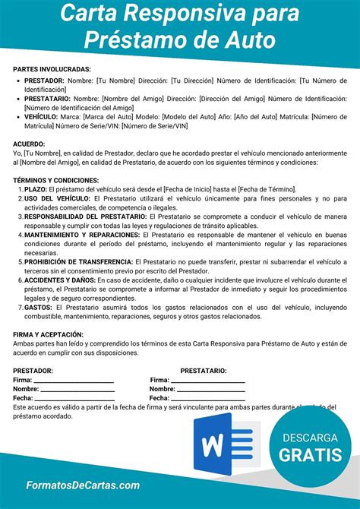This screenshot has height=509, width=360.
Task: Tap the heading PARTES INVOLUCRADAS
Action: (x=52, y=69)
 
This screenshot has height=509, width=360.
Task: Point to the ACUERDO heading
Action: (x=29, y=144)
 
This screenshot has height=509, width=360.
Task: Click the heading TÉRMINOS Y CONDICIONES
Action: (x=56, y=179)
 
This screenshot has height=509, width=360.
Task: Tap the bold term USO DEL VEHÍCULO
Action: (x=58, y=198)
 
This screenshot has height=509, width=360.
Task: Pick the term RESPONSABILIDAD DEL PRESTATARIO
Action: (x=85, y=217)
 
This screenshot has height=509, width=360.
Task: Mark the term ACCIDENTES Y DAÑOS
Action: (x=59, y=280)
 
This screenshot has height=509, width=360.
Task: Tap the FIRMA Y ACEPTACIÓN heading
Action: (x=49, y=334)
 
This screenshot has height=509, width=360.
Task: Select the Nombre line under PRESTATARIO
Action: (x=210, y=389)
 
